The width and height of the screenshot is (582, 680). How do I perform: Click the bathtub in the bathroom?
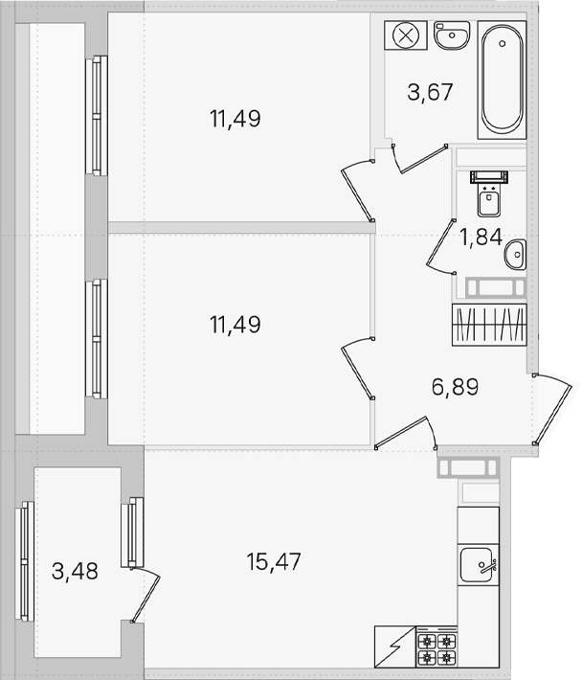[502, 79]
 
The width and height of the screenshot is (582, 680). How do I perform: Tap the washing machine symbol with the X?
[406, 35]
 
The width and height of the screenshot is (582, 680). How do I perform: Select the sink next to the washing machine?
[452, 35]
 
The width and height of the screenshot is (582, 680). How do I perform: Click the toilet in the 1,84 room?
[489, 193]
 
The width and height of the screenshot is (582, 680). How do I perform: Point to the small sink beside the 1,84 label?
[515, 255]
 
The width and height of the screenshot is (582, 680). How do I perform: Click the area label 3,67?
[430, 92]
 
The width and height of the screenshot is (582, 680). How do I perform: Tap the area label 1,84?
[481, 238]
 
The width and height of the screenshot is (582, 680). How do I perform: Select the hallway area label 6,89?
[455, 387]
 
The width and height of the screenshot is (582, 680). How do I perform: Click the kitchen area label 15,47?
[274, 561]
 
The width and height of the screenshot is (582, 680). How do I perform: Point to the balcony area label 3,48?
[75, 571]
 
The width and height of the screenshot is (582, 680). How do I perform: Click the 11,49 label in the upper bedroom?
[235, 119]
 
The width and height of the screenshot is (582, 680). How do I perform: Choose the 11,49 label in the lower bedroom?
[235, 325]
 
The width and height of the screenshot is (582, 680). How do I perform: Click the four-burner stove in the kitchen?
[436, 647]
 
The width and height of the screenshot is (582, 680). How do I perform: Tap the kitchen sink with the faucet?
[478, 565]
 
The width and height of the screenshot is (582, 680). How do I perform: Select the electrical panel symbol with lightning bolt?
[395, 646]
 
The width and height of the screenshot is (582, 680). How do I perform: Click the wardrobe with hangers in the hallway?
[489, 325]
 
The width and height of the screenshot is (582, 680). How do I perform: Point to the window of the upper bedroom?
[97, 115]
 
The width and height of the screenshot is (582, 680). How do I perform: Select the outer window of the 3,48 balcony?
[25, 561]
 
